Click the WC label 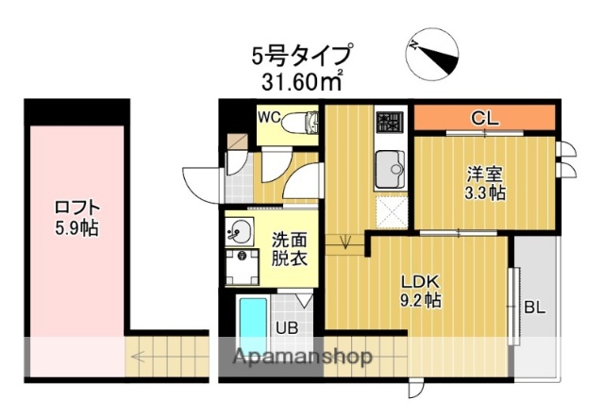pyautogui.click(x=271, y=118)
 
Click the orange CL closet pyautogui.click(x=483, y=118)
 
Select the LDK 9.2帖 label pyautogui.click(x=420, y=291)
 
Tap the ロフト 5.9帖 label pyautogui.click(x=76, y=218)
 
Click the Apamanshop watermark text pyautogui.click(x=296, y=357)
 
